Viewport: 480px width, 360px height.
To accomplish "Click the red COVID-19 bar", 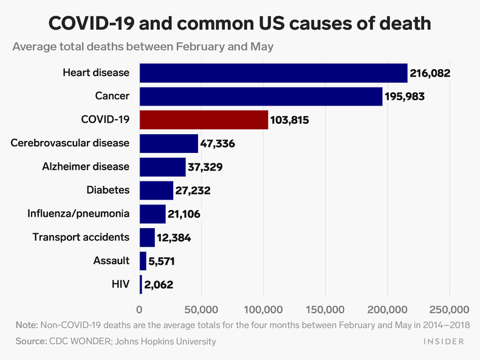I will [x=204, y=120].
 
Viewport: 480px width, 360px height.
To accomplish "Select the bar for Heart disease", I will [x=273, y=73].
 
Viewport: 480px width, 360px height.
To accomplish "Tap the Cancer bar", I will [x=261, y=97].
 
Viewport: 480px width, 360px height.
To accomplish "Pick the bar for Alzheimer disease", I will [x=162, y=167].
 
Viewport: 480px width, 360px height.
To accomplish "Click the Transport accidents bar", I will [x=147, y=237].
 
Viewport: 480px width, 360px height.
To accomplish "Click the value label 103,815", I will [x=290, y=120].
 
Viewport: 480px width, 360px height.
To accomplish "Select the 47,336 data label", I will [x=218, y=144].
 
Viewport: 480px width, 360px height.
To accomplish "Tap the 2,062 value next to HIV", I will [x=161, y=285].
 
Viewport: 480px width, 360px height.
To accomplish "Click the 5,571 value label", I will [x=165, y=262].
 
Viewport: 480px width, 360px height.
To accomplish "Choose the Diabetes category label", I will [x=108, y=190].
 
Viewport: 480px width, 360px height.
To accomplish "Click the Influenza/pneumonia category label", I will [x=78, y=214].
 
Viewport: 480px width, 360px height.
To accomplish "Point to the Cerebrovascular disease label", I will [x=70, y=143].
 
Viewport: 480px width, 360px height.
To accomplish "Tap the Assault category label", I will [x=111, y=261].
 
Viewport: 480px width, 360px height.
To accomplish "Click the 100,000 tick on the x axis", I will [x=263, y=308].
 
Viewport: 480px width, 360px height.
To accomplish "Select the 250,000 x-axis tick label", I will [x=448, y=308].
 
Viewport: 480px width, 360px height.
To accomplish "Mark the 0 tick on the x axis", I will [x=140, y=308].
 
